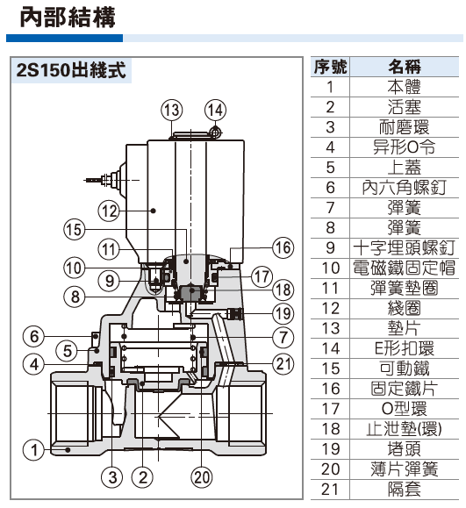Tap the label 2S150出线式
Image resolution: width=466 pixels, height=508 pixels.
point(68,71)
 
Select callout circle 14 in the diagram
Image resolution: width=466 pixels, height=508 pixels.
point(215,110)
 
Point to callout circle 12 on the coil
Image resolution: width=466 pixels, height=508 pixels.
point(108,211)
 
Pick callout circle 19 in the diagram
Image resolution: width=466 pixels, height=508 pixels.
point(281,312)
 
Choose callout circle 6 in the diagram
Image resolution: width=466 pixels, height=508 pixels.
point(33,337)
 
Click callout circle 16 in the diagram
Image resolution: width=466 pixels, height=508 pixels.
point(281,248)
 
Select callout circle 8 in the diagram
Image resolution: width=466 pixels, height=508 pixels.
point(77,296)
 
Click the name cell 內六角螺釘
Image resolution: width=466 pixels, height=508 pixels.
point(404,188)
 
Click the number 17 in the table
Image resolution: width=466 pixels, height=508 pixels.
point(330,409)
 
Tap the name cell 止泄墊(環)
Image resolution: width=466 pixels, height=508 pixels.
point(404,429)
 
